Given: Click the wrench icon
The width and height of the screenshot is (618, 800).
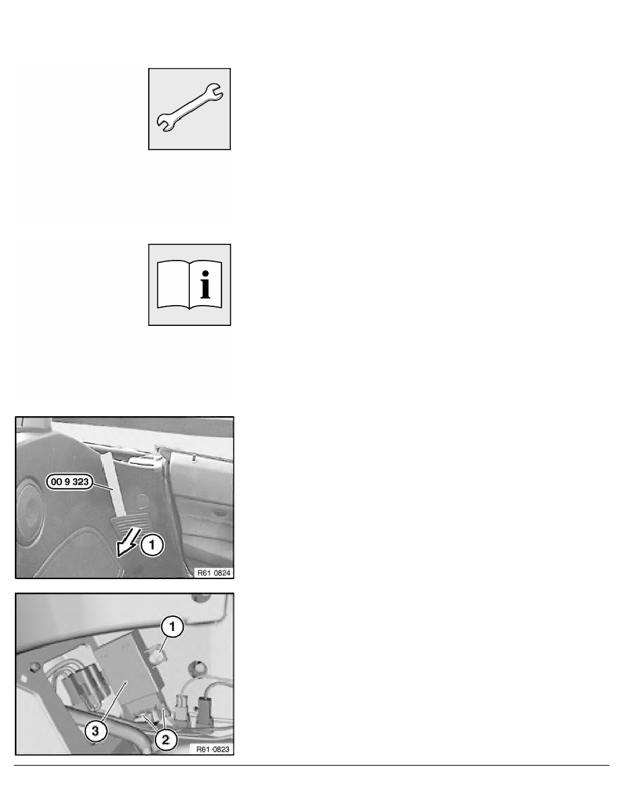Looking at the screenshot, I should (190, 108).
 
